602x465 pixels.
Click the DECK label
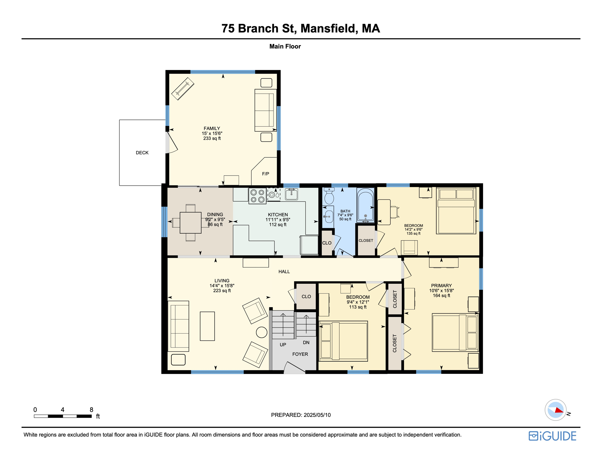point(142,153)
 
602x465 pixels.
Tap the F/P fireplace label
point(265,174)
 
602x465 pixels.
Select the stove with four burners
point(257,196)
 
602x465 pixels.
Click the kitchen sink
point(291,194)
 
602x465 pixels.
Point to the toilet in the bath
point(329,196)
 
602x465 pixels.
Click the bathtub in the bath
point(365,205)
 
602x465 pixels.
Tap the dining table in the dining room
point(190,223)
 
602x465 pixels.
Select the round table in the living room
point(262,332)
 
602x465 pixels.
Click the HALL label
point(284,272)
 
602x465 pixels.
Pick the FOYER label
point(300,354)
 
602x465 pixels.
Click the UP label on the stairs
point(283,345)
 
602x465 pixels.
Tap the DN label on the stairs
point(306,342)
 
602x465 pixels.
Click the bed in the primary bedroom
point(455,332)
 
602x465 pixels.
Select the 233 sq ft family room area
point(212,138)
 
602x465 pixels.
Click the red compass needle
point(559,411)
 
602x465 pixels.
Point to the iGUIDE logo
point(552,436)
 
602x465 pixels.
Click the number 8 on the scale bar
point(91,410)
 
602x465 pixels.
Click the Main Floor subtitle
point(285,46)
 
